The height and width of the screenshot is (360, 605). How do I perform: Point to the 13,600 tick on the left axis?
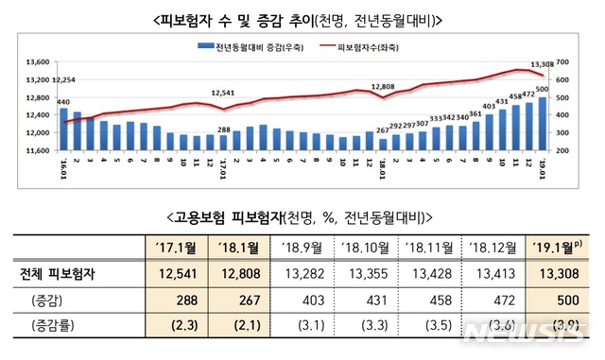coord(35,62)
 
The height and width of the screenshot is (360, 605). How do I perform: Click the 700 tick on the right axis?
coord(562,62)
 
